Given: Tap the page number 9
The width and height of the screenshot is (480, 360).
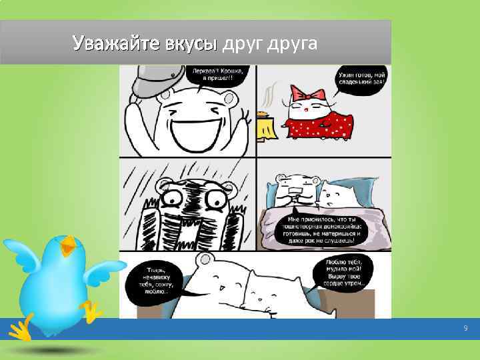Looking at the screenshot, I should point(465,329).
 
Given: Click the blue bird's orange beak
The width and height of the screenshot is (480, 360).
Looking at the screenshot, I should point(68,247).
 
